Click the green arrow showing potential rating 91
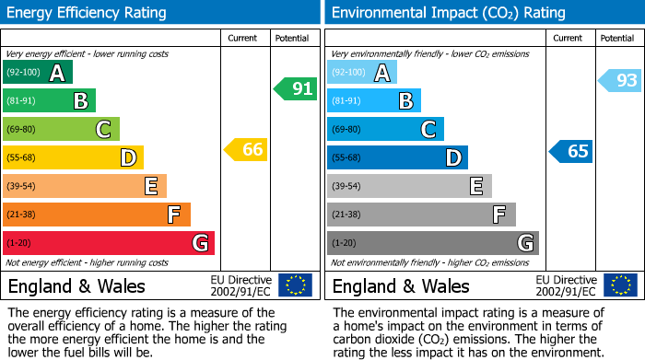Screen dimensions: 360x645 click(295, 89)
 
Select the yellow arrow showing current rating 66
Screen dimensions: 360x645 click(246, 149)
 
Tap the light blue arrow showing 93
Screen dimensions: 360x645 click(619, 81)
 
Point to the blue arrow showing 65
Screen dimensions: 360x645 click(570, 151)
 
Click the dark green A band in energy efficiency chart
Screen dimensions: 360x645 click(38, 73)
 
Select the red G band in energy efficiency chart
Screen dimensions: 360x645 click(109, 243)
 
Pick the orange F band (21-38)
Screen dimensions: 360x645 click(97, 215)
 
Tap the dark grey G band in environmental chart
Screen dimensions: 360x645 click(433, 243)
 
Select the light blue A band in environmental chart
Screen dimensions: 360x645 click(362, 73)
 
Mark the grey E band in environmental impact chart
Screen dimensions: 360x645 click(409, 186)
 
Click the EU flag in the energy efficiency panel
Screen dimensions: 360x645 click(295, 285)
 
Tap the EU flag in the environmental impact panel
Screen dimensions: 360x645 click(620, 285)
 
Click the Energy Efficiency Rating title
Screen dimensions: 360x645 click(88, 13)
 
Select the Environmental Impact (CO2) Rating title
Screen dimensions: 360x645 click(448, 13)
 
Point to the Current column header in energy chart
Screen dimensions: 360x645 click(243, 38)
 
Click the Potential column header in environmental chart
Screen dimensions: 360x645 click(616, 38)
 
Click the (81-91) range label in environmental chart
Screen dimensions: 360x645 click(347, 101)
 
